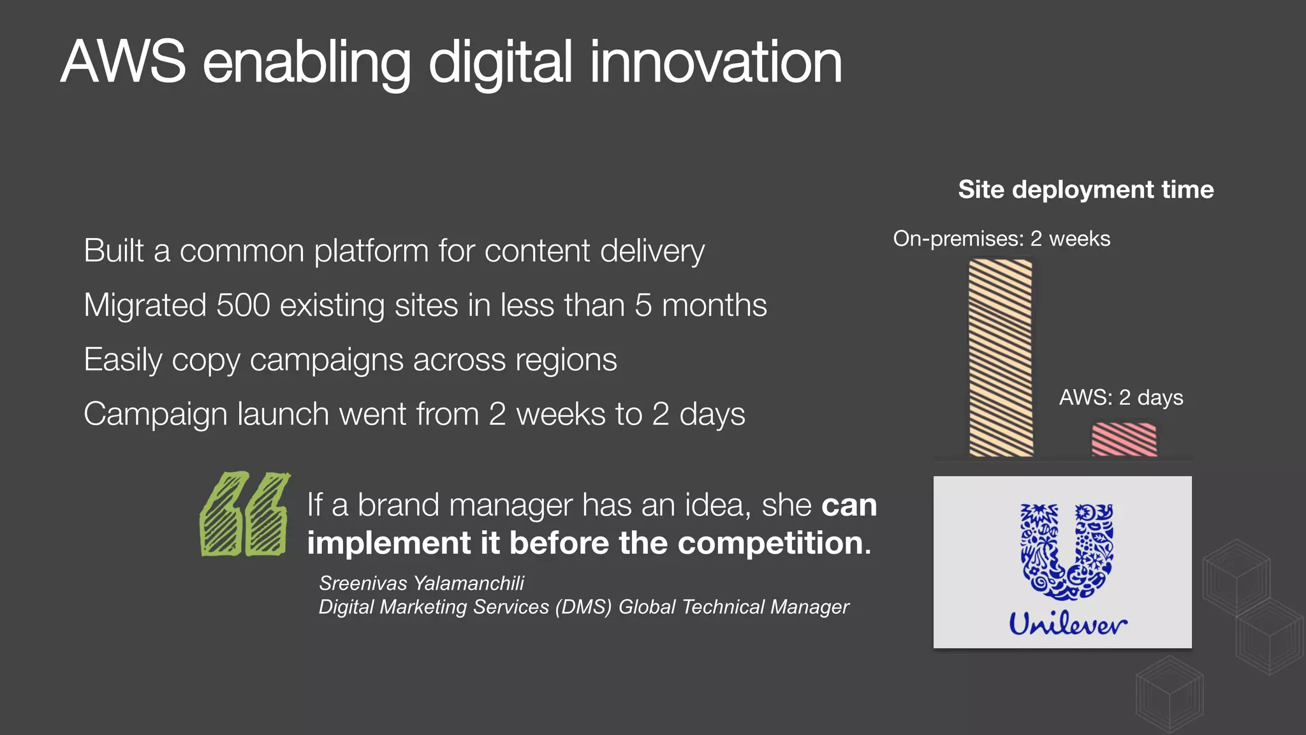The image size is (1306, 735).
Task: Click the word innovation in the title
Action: click(715, 62)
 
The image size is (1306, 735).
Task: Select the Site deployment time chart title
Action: click(1085, 189)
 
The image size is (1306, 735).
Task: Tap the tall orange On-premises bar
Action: click(1001, 357)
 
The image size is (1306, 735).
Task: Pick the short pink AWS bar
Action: click(1124, 440)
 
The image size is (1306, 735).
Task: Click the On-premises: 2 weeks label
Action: click(1001, 239)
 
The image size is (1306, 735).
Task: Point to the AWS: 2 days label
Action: click(1120, 397)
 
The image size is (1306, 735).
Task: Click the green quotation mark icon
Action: click(244, 514)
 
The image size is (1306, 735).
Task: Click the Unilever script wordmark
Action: click(1068, 623)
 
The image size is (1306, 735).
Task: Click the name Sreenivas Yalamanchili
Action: click(422, 583)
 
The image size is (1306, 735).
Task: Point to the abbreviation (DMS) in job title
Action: click(583, 607)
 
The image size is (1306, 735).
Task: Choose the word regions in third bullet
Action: click(566, 360)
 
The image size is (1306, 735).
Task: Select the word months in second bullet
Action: click(714, 305)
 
